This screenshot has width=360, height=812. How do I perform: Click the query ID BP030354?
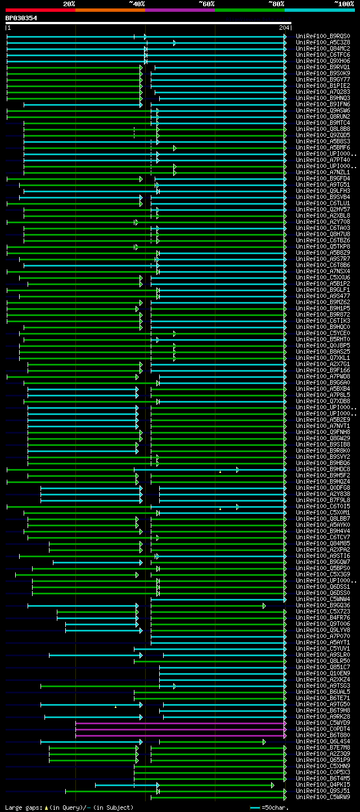pyautogui.click(x=21, y=18)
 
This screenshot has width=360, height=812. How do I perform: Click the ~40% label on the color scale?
pyautogui.click(x=137, y=4)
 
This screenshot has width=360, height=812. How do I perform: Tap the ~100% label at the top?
pyautogui.click(x=344, y=4)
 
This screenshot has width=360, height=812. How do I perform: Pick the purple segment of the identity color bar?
pyautogui.click(x=180, y=10)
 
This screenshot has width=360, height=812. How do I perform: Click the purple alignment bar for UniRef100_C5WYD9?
pyautogui.click(x=180, y=723)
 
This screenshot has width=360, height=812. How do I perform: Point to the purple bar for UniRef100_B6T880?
pyautogui.click(x=180, y=736)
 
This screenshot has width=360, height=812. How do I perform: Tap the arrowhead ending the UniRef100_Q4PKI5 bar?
pyautogui.click(x=273, y=785)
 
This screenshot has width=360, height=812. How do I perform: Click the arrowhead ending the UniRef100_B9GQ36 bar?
pyautogui.click(x=264, y=606)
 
